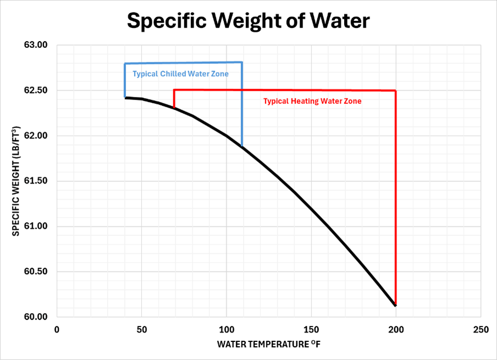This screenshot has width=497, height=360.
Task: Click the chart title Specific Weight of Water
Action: tap(248, 20)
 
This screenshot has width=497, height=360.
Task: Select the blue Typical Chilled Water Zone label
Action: tap(180, 74)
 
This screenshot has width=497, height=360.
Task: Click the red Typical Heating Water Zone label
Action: tap(312, 101)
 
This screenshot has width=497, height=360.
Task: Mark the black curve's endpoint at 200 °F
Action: tap(395, 305)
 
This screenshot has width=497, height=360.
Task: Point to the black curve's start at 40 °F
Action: tap(125, 98)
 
